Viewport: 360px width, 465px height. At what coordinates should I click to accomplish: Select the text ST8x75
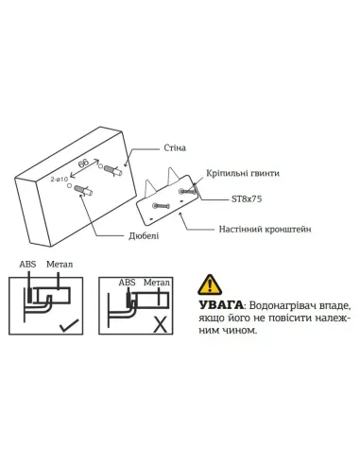pos(246,200)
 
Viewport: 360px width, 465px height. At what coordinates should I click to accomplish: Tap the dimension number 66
pos(85,165)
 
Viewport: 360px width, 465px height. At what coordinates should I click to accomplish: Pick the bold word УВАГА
pos(218,307)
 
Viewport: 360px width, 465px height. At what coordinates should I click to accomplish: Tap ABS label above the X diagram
pos(126,281)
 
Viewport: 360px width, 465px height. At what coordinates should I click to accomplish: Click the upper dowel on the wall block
pos(111,171)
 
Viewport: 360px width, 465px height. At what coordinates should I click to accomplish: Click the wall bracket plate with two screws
pos(170,201)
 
